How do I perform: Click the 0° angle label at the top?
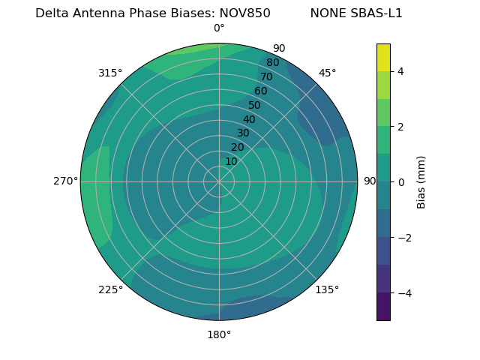pos(219,28)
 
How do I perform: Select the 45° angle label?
pos(327,73)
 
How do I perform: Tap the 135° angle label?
pos(327,289)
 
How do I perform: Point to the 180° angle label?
pos(219,334)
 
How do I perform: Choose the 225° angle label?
pos(110,289)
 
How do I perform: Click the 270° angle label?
pos(65,181)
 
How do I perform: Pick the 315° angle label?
pos(110,73)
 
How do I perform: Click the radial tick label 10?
pos(231,161)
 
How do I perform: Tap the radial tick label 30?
pos(243,133)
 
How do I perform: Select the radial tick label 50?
pos(255,105)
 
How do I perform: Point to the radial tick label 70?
pos(266,76)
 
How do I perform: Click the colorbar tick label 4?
pos(400,71)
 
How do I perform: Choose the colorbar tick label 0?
pos(400,181)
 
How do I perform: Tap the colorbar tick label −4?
pos(401,292)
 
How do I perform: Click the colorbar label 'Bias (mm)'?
pos(421,181)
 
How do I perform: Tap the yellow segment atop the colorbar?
pos(383,57)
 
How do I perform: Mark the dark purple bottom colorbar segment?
pos(383,306)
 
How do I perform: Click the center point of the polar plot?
pos(219,181)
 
